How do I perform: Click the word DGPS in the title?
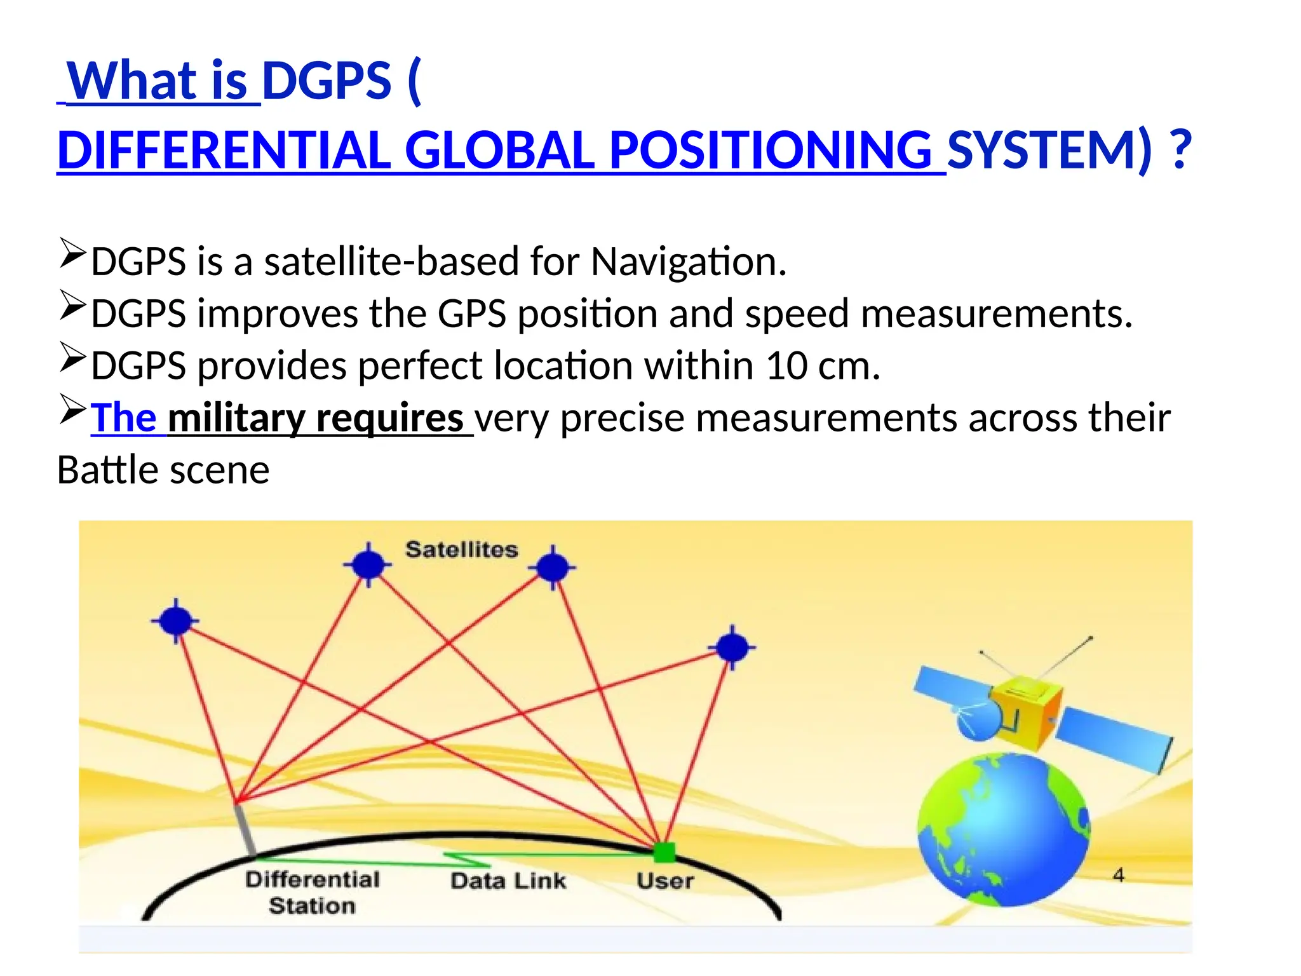pyautogui.click(x=327, y=82)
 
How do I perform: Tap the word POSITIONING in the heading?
pyautogui.click(x=770, y=151)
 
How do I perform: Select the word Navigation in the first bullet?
pyautogui.click(x=689, y=262)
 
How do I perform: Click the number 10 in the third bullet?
pyautogui.click(x=786, y=366)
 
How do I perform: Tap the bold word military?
pyautogui.click(x=236, y=419)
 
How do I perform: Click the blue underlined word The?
pyautogui.click(x=124, y=419)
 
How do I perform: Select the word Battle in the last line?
pyautogui.click(x=106, y=471)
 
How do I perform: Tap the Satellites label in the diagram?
pyautogui.click(x=462, y=550)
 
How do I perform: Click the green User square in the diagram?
pyautogui.click(x=664, y=852)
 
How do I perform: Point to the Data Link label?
pyautogui.click(x=508, y=881)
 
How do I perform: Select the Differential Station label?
pyautogui.click(x=312, y=892)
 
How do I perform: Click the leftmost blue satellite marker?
pyautogui.click(x=176, y=621)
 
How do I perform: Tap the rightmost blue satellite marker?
pyautogui.click(x=732, y=647)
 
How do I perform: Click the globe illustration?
pyautogui.click(x=1004, y=829)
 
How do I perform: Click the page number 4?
pyautogui.click(x=1119, y=876)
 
